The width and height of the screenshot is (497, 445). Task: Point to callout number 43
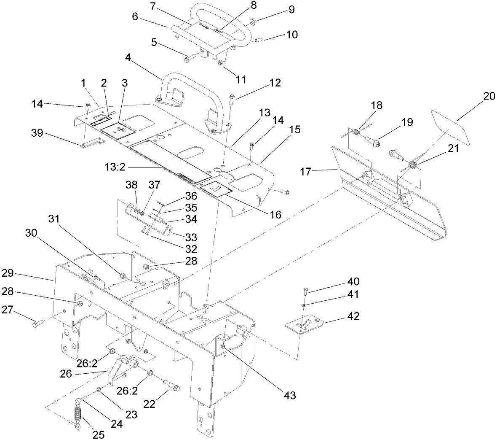pos(290,395)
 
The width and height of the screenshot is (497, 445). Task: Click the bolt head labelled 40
pos(305,290)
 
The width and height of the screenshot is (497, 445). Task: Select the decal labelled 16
pos(216,186)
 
